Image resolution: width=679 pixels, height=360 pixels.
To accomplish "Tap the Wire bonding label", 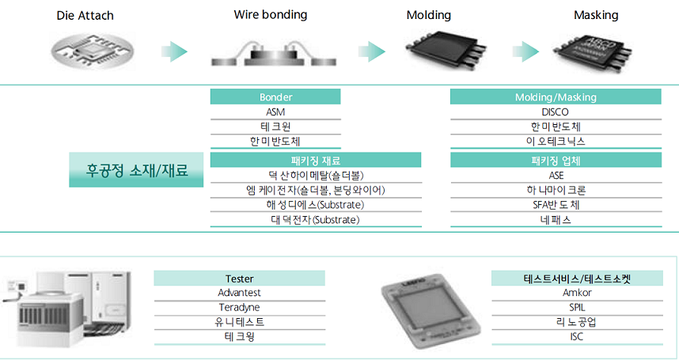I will (271, 15).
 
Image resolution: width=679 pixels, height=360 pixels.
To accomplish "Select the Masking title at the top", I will (596, 15).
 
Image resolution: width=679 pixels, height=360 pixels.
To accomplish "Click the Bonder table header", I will (275, 97).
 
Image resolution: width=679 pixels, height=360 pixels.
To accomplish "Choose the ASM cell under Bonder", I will (275, 112).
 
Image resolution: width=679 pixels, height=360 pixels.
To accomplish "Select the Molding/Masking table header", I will (556, 97).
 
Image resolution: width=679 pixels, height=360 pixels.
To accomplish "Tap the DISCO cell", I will (556, 112).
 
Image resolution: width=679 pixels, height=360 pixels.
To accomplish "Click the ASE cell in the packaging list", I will (556, 175).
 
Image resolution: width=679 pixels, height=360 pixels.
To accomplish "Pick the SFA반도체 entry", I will (556, 205).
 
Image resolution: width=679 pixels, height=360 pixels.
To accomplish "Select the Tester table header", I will (239, 279).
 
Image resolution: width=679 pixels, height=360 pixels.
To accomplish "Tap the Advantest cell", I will (239, 293).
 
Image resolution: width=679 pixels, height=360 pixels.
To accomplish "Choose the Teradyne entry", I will (239, 307).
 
